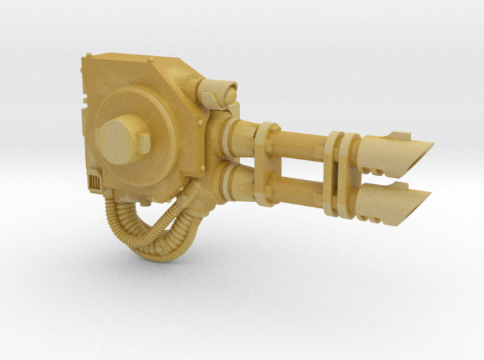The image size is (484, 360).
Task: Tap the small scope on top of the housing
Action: tap(220, 91)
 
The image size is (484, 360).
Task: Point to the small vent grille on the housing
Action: tap(94, 181)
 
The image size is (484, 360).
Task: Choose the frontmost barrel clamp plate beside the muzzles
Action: tap(350, 175)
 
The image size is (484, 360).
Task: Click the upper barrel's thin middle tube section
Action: tap(300, 144)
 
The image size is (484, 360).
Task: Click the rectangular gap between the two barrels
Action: tap(300, 168)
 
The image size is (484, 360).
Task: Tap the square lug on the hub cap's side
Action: tap(145, 142)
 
